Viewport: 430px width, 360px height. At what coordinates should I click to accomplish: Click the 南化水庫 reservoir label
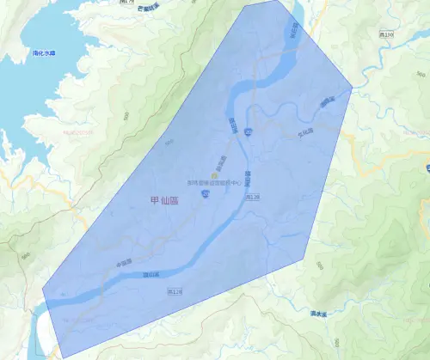click(x=43, y=52)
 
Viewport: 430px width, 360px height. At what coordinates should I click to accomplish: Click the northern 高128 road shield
click(x=253, y=197)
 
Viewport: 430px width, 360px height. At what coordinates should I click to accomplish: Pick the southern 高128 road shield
click(x=175, y=292)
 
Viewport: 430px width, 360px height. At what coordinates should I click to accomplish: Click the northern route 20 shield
click(x=247, y=131)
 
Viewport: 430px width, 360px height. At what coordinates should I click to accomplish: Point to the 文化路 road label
click(x=305, y=132)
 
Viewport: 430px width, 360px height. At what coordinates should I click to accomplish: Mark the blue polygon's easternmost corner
click(x=353, y=88)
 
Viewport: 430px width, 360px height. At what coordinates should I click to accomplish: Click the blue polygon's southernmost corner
click(x=63, y=357)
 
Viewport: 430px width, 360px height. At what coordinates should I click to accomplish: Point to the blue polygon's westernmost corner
click(x=43, y=290)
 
